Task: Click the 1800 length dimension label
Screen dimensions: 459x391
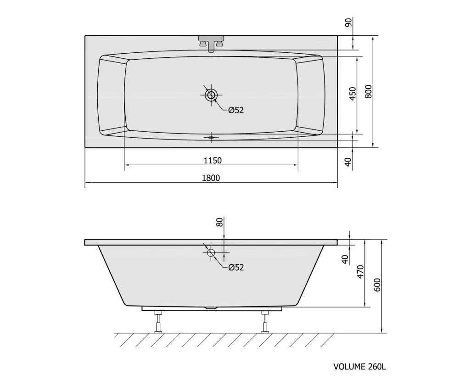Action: (x=211, y=178)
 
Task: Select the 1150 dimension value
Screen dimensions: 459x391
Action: (x=213, y=160)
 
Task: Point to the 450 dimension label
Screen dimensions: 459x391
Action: (x=353, y=94)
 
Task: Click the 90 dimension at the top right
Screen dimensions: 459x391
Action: (x=349, y=22)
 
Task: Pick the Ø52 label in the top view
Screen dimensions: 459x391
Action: (x=236, y=110)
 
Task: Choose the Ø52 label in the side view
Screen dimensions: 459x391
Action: (x=236, y=267)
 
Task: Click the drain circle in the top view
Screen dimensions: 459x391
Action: (x=211, y=95)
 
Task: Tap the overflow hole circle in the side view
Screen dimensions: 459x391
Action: (x=211, y=252)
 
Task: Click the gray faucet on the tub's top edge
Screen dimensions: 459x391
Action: (x=211, y=43)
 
